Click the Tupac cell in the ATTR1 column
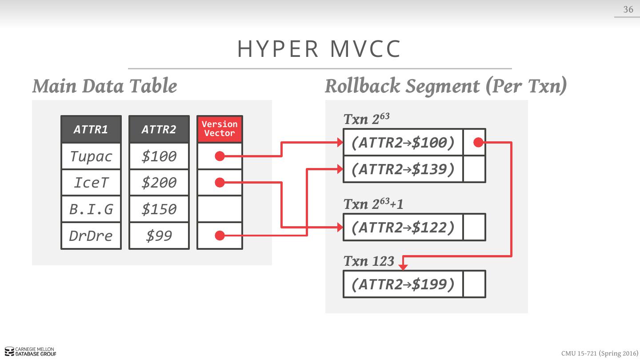91,156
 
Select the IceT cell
91,182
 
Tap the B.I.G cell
91,209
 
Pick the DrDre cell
91,236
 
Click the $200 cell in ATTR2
159,182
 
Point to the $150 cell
159,209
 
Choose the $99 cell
159,236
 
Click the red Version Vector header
220,129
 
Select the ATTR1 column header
91,129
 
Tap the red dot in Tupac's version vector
220,156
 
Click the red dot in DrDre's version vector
220,236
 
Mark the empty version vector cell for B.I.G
220,209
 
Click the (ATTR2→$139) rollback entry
403,169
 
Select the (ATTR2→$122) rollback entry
403,227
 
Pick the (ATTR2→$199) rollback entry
403,284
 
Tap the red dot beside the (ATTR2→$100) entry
478,142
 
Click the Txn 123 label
369,261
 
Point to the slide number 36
628,9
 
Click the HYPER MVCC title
320,49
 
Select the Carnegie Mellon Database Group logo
31,352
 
